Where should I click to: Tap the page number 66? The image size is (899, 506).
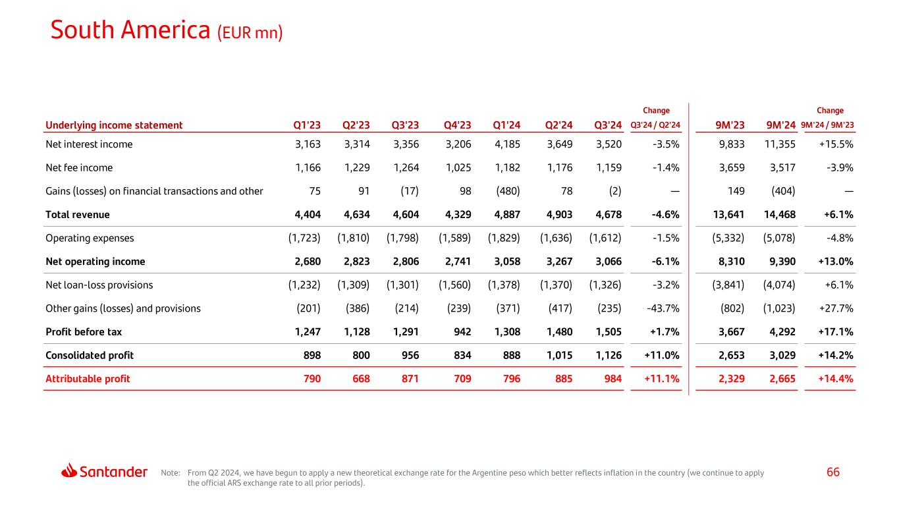tap(833, 472)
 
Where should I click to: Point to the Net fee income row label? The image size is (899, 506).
tap(79, 167)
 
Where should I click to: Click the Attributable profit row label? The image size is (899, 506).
tap(88, 379)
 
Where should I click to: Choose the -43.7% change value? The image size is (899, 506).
tap(662, 308)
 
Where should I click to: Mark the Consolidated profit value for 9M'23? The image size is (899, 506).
tap(729, 355)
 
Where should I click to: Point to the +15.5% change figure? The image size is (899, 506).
tap(836, 144)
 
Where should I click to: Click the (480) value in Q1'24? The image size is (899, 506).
tap(507, 191)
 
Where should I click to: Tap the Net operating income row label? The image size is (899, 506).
tap(95, 262)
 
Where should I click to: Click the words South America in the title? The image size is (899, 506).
tap(130, 30)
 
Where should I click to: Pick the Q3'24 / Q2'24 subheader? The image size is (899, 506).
tap(656, 125)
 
